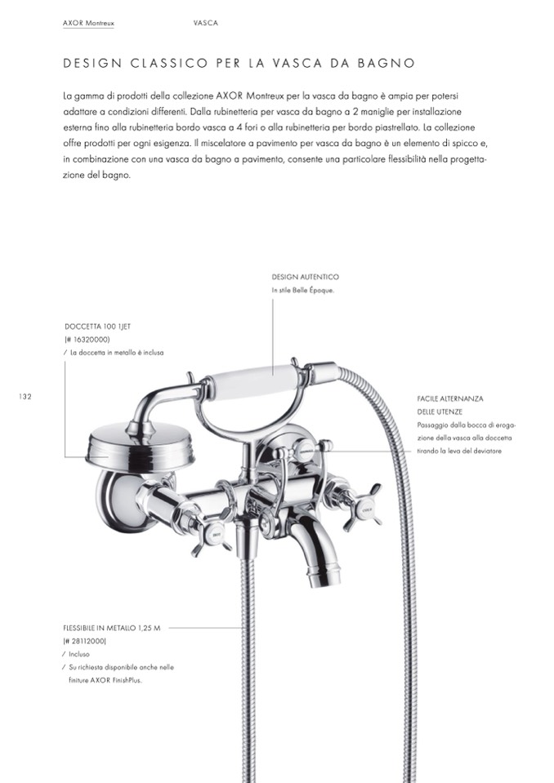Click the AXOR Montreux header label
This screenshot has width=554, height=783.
coord(87,23)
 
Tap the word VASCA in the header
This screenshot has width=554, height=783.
coord(205,23)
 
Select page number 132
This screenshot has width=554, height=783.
coord(24,396)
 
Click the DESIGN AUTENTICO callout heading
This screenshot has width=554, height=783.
coord(305,278)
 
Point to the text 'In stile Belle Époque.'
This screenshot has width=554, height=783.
coord(303,291)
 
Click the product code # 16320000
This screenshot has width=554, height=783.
coord(87,339)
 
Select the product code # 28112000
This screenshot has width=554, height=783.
coord(85,641)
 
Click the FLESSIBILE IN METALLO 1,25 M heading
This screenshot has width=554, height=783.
coord(112,629)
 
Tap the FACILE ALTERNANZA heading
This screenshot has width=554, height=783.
coord(449,398)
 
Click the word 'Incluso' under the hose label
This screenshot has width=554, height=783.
coord(79,654)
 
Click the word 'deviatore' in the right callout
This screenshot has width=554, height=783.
coord(485,452)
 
